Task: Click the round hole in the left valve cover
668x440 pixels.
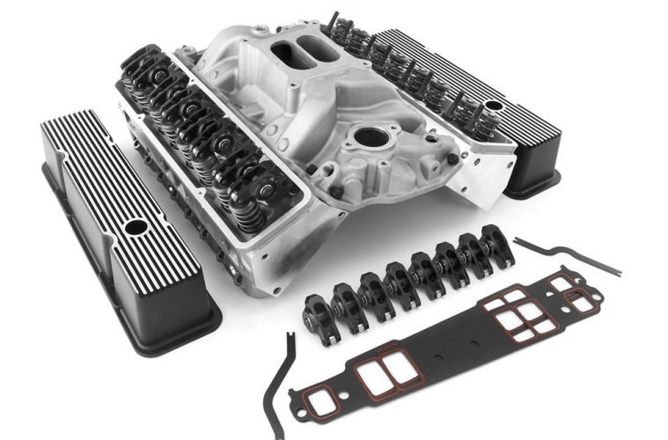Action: point(135,227)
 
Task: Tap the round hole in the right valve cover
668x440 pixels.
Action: point(495,106)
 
